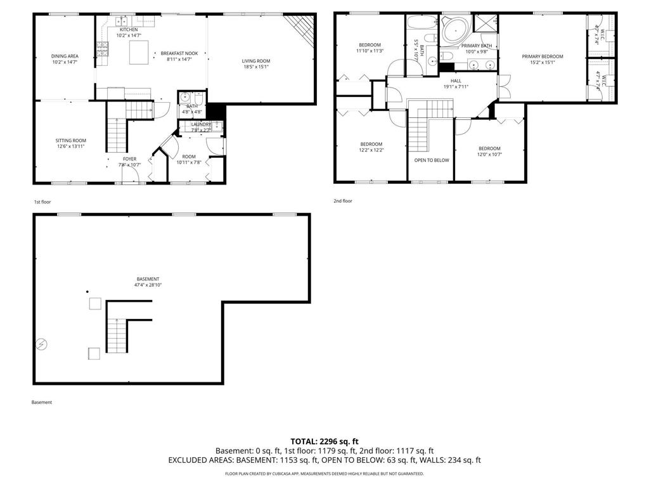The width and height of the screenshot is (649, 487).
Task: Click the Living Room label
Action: [256, 61]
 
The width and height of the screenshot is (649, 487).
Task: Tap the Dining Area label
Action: [65, 56]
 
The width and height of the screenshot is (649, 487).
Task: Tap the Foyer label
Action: [129, 159]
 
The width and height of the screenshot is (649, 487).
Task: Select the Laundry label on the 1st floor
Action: [201, 124]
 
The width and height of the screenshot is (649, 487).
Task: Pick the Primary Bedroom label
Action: [542, 56]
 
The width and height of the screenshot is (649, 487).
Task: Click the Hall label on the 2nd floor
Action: [456, 81]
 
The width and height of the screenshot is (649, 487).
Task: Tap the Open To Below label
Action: [431, 160]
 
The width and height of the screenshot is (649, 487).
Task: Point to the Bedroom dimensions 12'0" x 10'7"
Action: [489, 154]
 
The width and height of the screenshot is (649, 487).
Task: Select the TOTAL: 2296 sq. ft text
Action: [324, 441]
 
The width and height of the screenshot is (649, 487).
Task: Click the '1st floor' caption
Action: [42, 202]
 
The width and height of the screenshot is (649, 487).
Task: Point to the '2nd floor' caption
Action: [342, 201]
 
